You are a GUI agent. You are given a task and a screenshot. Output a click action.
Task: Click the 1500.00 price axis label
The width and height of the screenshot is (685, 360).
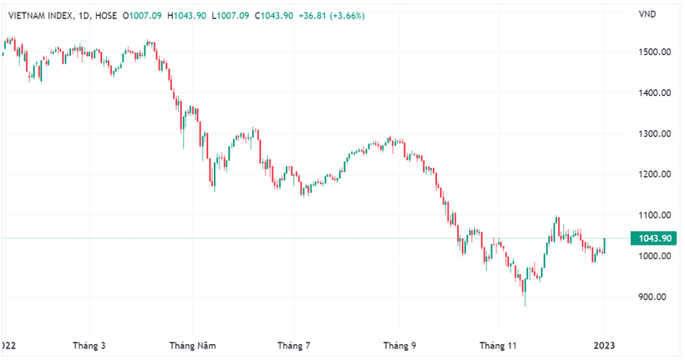[x=655, y=52]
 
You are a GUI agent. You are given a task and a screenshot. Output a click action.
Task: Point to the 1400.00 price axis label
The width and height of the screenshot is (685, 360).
[x=655, y=93]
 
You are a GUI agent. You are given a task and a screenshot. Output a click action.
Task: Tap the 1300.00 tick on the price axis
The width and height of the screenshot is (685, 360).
[x=655, y=134]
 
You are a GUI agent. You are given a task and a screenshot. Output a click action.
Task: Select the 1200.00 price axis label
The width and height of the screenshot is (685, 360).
[x=655, y=175]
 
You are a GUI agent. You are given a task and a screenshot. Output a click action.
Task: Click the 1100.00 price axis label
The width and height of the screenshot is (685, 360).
[x=655, y=215]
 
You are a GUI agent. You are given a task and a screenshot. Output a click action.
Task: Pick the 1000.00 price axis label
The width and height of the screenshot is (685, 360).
[x=655, y=256]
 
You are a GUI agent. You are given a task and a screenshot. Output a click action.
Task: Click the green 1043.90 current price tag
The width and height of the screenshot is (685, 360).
[x=656, y=238]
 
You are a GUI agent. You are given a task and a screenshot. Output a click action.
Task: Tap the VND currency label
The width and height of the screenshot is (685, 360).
[x=647, y=14]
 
